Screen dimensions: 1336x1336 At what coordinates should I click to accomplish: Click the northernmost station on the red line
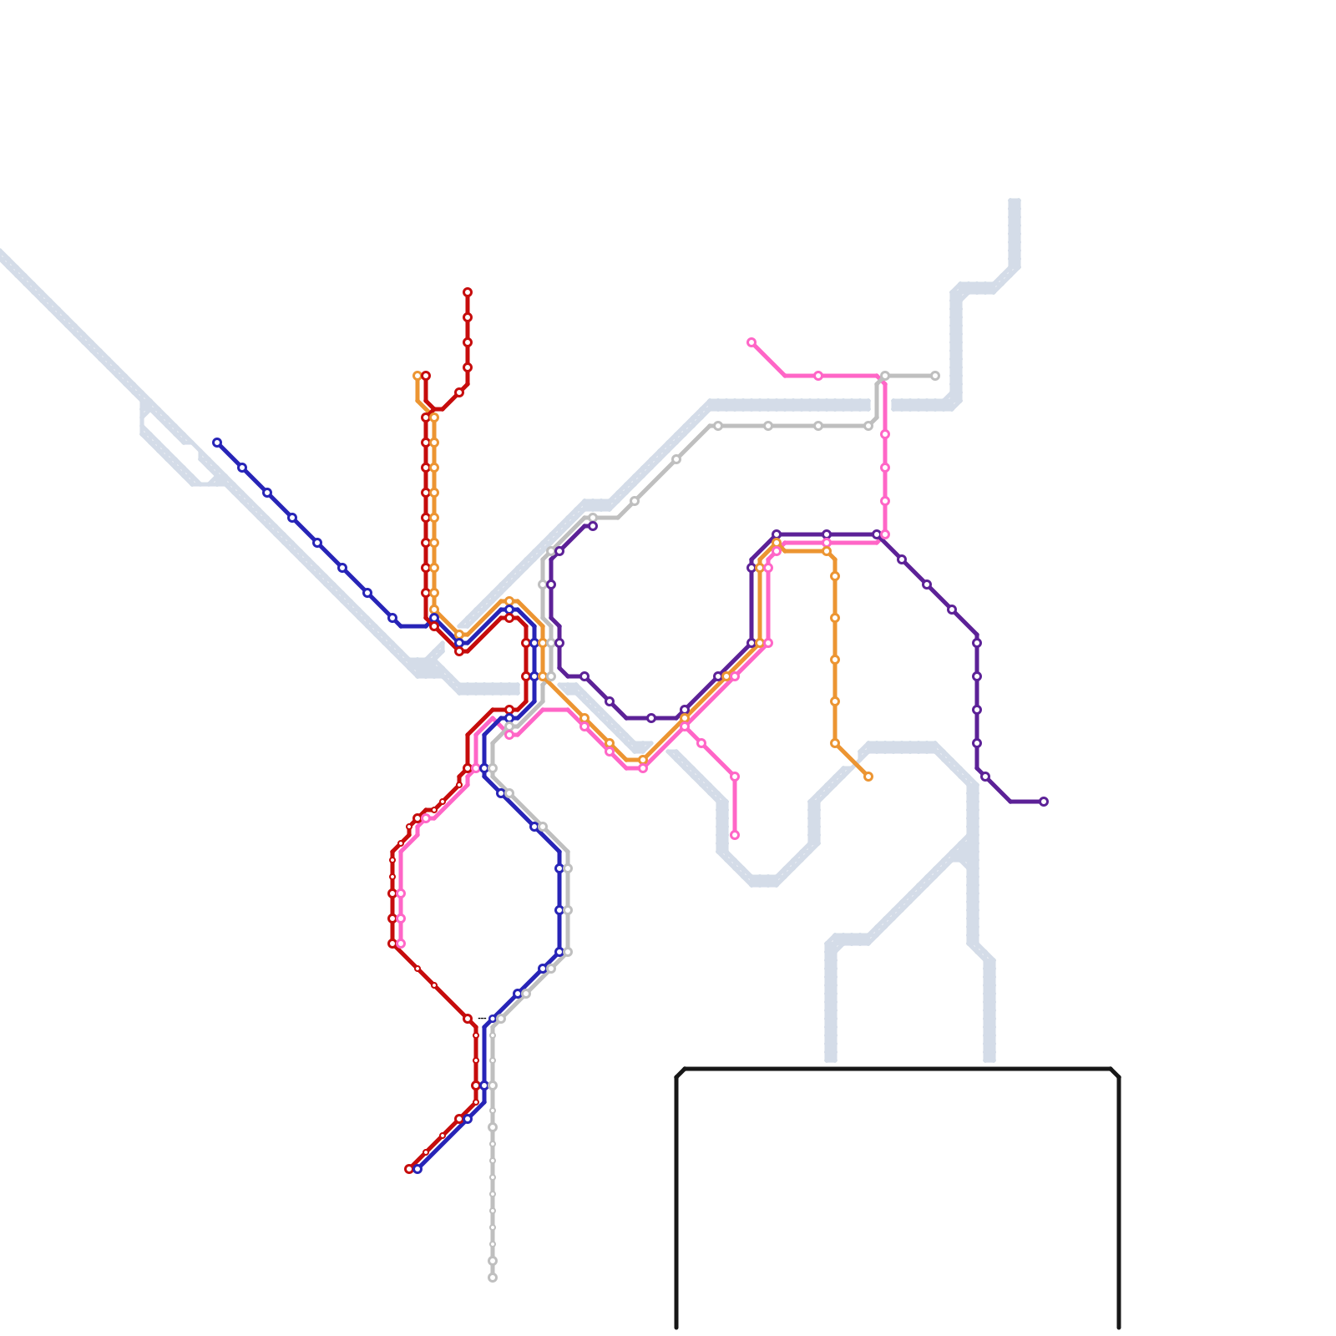(468, 292)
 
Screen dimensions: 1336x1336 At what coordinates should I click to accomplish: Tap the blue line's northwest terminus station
(217, 443)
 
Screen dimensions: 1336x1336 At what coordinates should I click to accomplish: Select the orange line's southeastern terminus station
(868, 777)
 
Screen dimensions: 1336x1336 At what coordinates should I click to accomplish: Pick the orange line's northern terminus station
(417, 376)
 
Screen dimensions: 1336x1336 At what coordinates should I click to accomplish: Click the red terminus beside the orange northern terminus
(426, 376)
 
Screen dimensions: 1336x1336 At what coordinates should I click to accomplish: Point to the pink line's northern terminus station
(751, 342)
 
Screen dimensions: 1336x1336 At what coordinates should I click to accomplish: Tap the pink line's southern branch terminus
(735, 835)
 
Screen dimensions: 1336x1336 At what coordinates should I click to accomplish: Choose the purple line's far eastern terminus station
(1044, 802)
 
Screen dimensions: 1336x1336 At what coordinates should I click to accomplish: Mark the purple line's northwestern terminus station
(593, 526)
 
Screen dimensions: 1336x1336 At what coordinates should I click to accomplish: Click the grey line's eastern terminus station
(935, 376)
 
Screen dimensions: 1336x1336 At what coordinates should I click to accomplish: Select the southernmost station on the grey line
(493, 1278)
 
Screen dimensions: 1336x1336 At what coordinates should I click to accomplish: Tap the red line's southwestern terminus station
(409, 1169)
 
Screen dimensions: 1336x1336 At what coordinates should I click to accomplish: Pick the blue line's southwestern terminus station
(417, 1169)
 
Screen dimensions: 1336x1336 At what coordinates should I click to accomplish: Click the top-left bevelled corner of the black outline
(680, 1072)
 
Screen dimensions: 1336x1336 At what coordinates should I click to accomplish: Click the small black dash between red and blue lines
(482, 1018)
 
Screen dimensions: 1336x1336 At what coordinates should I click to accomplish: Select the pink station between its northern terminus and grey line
(818, 376)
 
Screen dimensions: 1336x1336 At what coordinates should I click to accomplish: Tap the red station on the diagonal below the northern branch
(459, 392)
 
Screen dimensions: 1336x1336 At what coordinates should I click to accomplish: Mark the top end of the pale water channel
(1015, 202)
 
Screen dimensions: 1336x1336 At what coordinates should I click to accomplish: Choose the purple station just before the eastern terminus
(985, 777)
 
